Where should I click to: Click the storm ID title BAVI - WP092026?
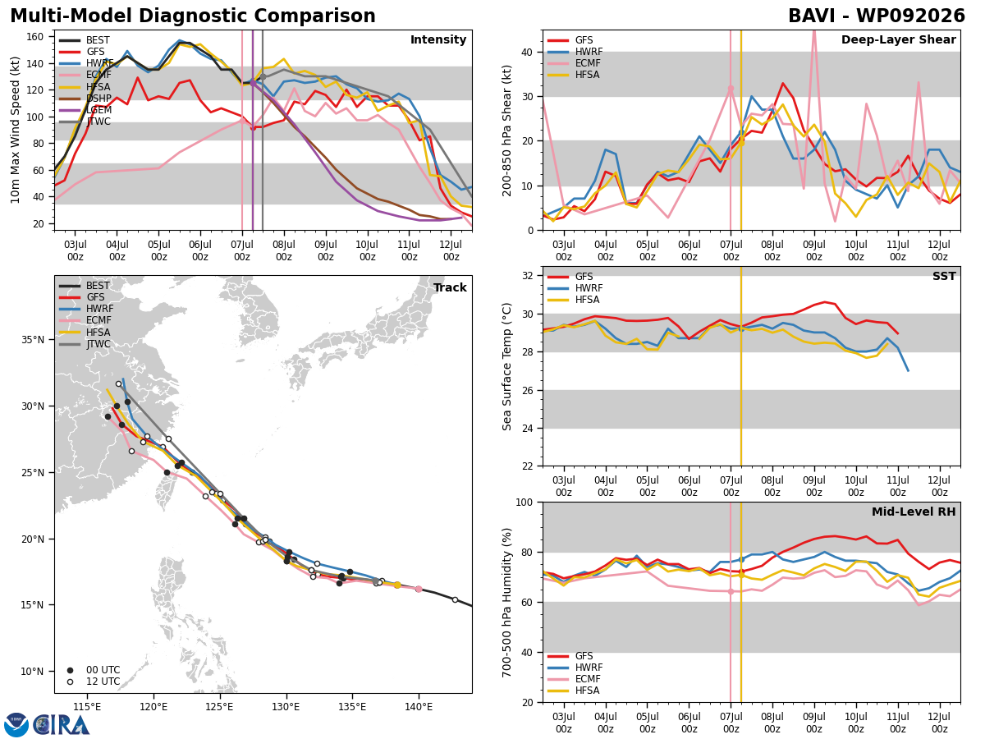tap(877, 16)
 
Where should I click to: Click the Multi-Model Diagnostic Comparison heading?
tap(193, 16)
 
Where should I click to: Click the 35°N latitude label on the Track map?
tap(33, 340)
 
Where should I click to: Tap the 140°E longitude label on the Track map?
tap(419, 707)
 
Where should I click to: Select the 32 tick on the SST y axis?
tap(528, 276)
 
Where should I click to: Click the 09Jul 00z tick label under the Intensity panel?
tap(326, 250)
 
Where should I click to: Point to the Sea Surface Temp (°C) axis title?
tap(506, 366)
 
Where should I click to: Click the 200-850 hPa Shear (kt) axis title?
tap(506, 131)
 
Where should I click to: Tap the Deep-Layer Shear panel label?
tap(898, 39)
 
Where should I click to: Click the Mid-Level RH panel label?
tap(914, 512)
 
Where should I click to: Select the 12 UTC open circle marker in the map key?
tap(70, 682)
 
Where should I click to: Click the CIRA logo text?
tap(62, 725)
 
